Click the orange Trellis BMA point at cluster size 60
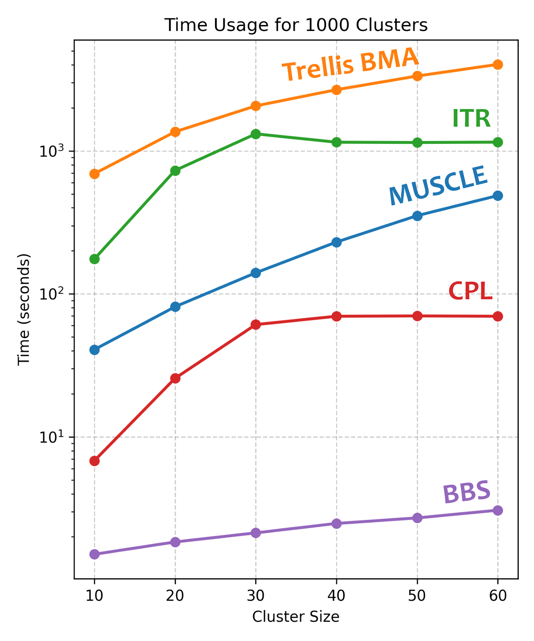pos(498,64)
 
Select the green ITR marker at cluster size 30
pos(256,134)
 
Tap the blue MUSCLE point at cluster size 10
pos(94,349)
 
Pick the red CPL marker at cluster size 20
pos(175,378)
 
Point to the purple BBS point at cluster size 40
pos(337,523)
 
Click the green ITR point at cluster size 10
pos(94,259)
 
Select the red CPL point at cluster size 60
pos(498,316)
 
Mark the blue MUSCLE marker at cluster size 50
pos(417,216)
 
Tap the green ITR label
pos(471,118)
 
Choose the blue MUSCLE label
pos(438,185)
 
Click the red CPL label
pos(470,291)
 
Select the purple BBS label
pos(467,492)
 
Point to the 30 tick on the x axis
pos(256,595)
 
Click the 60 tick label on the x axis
pos(498,595)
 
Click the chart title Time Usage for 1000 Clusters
pos(296,25)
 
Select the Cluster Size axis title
pos(296,617)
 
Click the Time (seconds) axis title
pos(24,309)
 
